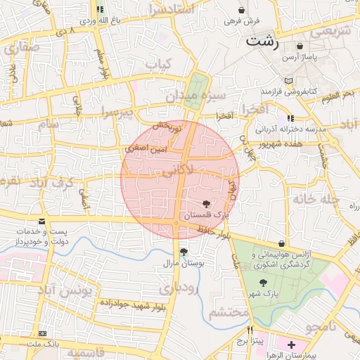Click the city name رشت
click(x=262, y=41)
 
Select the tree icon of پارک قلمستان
click(x=205, y=204)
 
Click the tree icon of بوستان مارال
click(x=184, y=252)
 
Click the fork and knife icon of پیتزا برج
click(x=249, y=330)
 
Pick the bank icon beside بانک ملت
click(x=44, y=333)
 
